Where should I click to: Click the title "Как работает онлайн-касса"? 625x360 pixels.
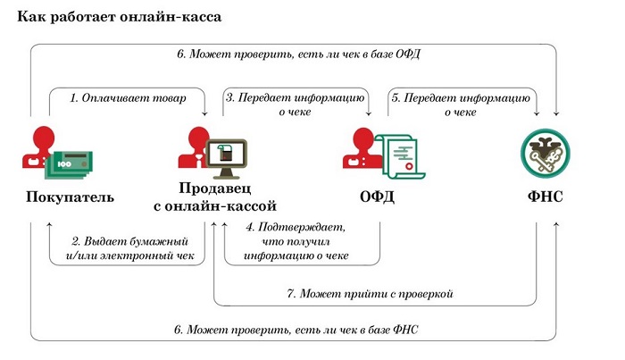click(119, 17)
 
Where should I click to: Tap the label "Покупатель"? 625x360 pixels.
click(71, 197)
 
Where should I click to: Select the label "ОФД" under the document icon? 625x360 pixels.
click(377, 197)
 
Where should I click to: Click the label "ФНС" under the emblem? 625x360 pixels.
click(546, 197)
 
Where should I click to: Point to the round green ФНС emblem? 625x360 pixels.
click(546, 154)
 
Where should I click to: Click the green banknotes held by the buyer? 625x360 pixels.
click(69, 164)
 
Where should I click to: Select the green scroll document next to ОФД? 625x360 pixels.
click(401, 156)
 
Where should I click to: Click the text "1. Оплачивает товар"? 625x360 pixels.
click(128, 98)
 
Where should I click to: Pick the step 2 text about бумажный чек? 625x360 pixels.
click(130, 248)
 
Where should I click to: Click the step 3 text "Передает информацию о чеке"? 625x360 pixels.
click(295, 105)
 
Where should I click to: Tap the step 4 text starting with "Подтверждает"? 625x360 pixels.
click(296, 241)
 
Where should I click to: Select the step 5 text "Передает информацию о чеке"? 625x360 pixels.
click(461, 105)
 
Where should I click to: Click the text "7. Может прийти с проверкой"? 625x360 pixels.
click(370, 294)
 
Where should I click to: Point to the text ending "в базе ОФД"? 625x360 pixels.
click(298, 54)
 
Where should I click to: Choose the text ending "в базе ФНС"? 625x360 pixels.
click(296, 330)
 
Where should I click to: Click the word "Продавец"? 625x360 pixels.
click(215, 188)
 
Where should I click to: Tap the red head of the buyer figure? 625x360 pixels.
click(44, 137)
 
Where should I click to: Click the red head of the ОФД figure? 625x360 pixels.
click(364, 138)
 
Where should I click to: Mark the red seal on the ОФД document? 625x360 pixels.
click(409, 166)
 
